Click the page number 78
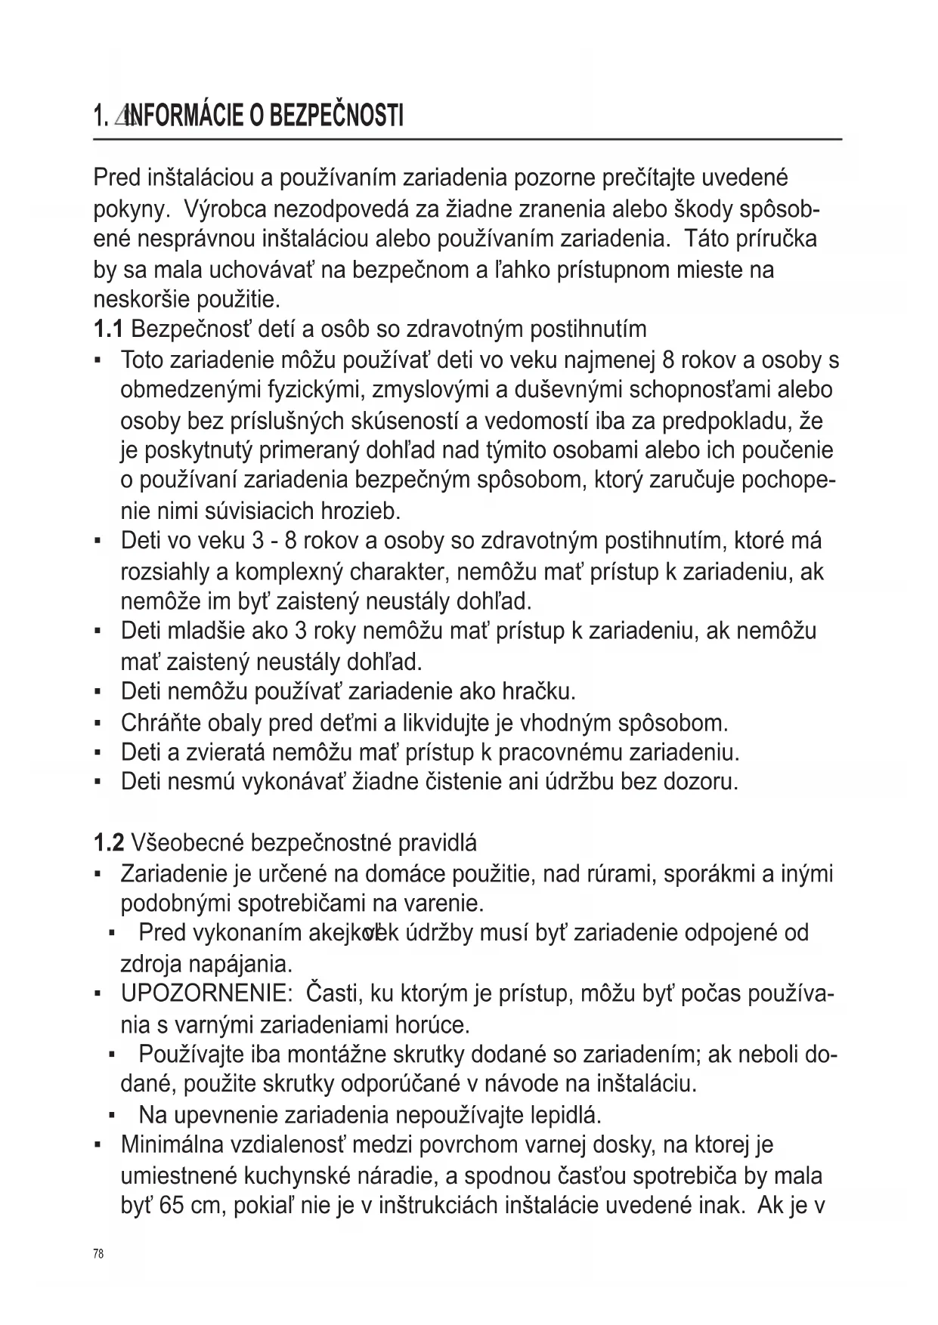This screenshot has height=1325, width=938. point(98,1254)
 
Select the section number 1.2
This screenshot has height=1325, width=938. point(109,842)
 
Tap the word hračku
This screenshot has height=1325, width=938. point(540,691)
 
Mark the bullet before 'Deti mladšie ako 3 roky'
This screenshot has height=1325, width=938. point(99,632)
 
